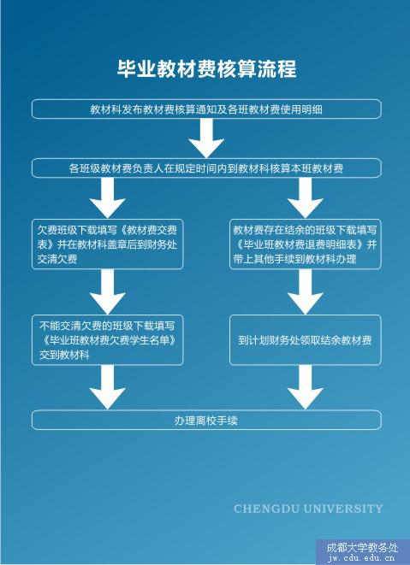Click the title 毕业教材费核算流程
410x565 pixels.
[206, 68]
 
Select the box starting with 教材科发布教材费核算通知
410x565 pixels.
[206, 109]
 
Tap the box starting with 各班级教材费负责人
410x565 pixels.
[206, 168]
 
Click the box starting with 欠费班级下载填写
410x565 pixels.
[108, 244]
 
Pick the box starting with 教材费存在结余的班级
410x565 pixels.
[306, 244]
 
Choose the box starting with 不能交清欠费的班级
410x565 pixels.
[108, 340]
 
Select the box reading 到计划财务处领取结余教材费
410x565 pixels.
[306, 340]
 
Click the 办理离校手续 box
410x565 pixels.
[206, 420]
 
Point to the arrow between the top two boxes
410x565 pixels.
[206, 138]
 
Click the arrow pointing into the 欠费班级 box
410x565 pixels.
[108, 198]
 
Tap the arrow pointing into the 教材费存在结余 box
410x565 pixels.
[306, 198]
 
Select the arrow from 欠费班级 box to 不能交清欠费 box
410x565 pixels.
[108, 291]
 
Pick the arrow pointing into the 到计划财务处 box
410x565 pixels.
[306, 291]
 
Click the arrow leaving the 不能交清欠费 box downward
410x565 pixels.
[108, 387]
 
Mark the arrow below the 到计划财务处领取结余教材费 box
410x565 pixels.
[306, 387]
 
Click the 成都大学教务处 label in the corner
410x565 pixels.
[362, 548]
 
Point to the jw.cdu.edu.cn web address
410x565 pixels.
[361, 559]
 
